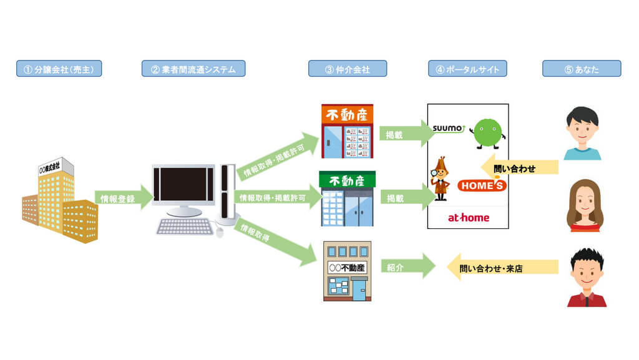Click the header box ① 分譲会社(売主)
[59, 69]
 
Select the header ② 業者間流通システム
[193, 69]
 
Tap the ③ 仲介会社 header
[348, 69]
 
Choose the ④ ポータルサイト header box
[467, 69]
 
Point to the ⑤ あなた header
[582, 69]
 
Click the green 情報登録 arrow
[124, 198]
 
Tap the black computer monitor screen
[184, 185]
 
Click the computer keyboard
[185, 226]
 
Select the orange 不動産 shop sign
[347, 114]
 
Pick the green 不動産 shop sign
[347, 180]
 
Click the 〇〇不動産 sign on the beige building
[347, 268]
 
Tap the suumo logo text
[448, 129]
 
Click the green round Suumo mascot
[488, 134]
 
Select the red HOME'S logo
[482, 186]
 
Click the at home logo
[469, 218]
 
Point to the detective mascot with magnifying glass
[440, 178]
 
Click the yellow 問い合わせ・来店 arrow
[502, 268]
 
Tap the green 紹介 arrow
[408, 266]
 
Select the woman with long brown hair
[585, 206]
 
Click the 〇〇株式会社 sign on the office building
[50, 167]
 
